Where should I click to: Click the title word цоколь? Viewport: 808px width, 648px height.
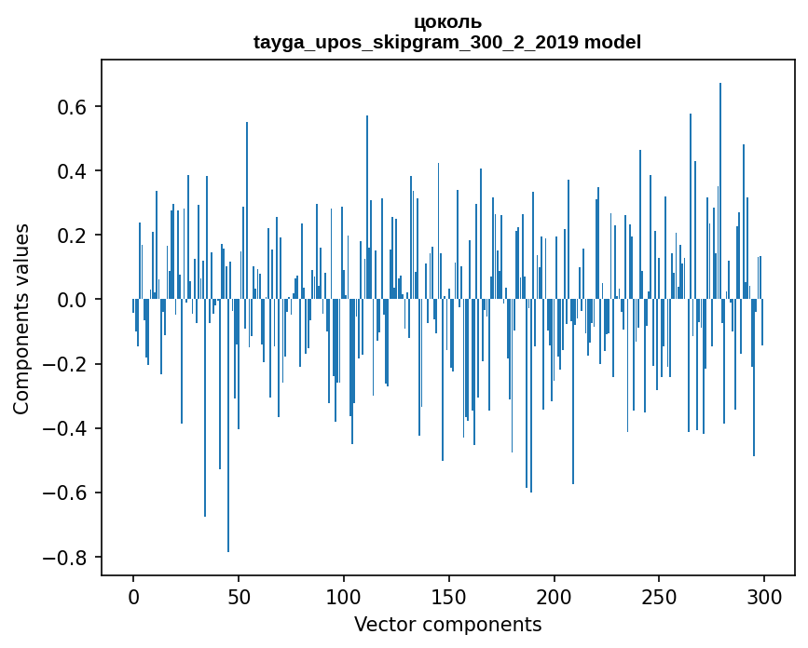tap(447, 22)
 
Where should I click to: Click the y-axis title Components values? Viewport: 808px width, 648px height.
tap(21, 318)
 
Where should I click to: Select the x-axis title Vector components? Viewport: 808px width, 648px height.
tap(447, 624)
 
